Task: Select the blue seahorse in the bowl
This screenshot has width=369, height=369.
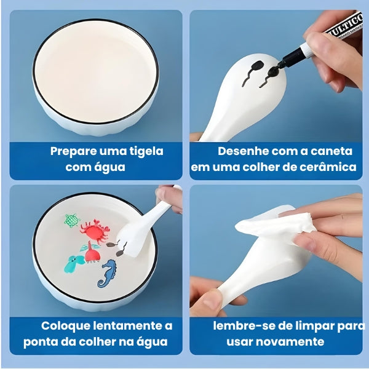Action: [109, 272]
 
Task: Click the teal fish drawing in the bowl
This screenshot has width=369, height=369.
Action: [74, 263]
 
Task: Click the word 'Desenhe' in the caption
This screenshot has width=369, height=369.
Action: [240, 151]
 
